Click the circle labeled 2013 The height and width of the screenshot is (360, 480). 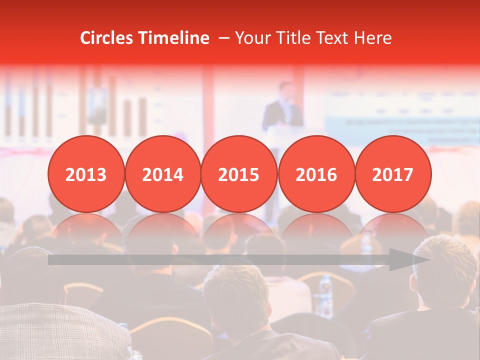coord(86,174)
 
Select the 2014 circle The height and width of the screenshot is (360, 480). coord(162,174)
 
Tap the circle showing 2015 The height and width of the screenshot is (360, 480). coord(239,174)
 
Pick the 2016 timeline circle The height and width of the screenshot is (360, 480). coord(316,174)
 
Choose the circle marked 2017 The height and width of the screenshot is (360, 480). coord(392,174)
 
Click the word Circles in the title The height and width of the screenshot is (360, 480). coord(106,38)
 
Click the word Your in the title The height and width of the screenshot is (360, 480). coord(252,38)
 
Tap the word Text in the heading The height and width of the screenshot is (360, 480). coord(334,38)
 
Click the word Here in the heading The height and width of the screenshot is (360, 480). coord(373,38)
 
